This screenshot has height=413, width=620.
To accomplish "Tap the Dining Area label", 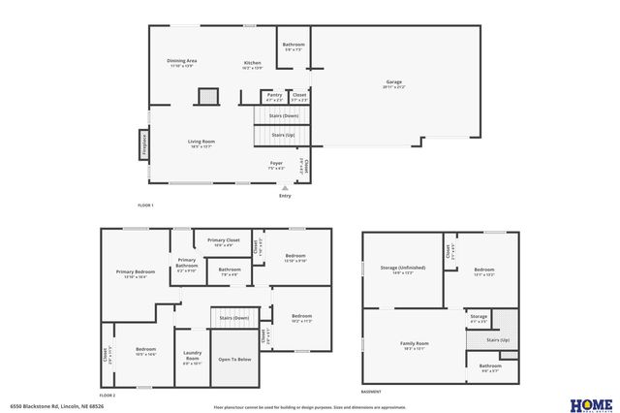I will coord(182,61).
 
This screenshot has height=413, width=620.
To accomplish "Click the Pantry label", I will coord(274,95).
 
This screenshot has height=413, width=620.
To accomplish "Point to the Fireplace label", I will coord(145,145).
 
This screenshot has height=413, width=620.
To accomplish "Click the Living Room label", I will coord(201,142).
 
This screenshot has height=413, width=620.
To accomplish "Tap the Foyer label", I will coord(276,163).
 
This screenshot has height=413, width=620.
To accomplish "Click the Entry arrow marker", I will coord(284,187).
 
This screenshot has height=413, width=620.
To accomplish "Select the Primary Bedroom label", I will coord(136,272).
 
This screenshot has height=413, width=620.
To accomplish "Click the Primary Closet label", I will coord(223,240).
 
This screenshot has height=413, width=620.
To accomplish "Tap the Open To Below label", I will coord(234,359).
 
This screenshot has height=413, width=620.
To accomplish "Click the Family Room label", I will coord(415,344).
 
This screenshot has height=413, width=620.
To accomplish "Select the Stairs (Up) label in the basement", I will coord(497,340).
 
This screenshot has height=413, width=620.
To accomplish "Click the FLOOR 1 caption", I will coord(145,206).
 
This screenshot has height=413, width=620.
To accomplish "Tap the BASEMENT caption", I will coord(371,392).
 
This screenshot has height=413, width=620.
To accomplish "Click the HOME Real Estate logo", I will coord(590,403).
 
